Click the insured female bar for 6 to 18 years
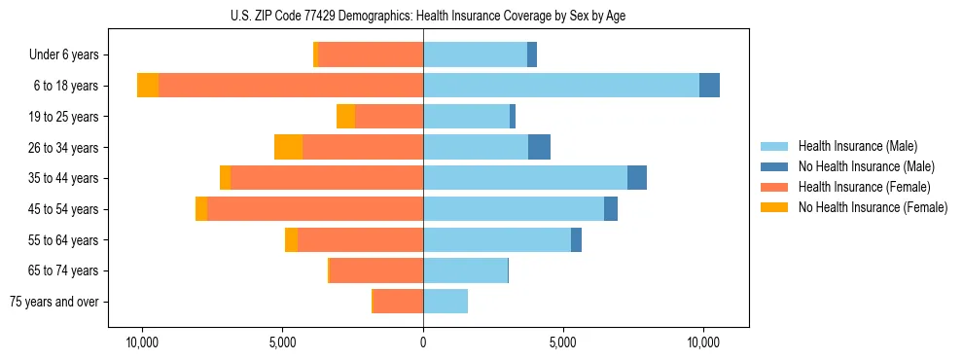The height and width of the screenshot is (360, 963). [291, 86]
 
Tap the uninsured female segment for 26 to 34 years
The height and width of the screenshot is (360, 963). [288, 147]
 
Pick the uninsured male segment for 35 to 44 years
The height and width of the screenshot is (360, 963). [637, 178]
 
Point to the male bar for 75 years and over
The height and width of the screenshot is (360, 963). [446, 302]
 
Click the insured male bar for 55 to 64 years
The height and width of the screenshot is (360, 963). [497, 239]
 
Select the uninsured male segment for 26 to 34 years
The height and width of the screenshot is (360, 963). [539, 147]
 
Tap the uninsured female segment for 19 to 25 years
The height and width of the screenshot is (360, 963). [345, 117]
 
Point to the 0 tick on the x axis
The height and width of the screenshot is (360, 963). [423, 343]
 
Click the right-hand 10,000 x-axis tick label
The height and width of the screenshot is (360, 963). [702, 343]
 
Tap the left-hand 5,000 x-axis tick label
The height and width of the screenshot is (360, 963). [283, 343]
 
